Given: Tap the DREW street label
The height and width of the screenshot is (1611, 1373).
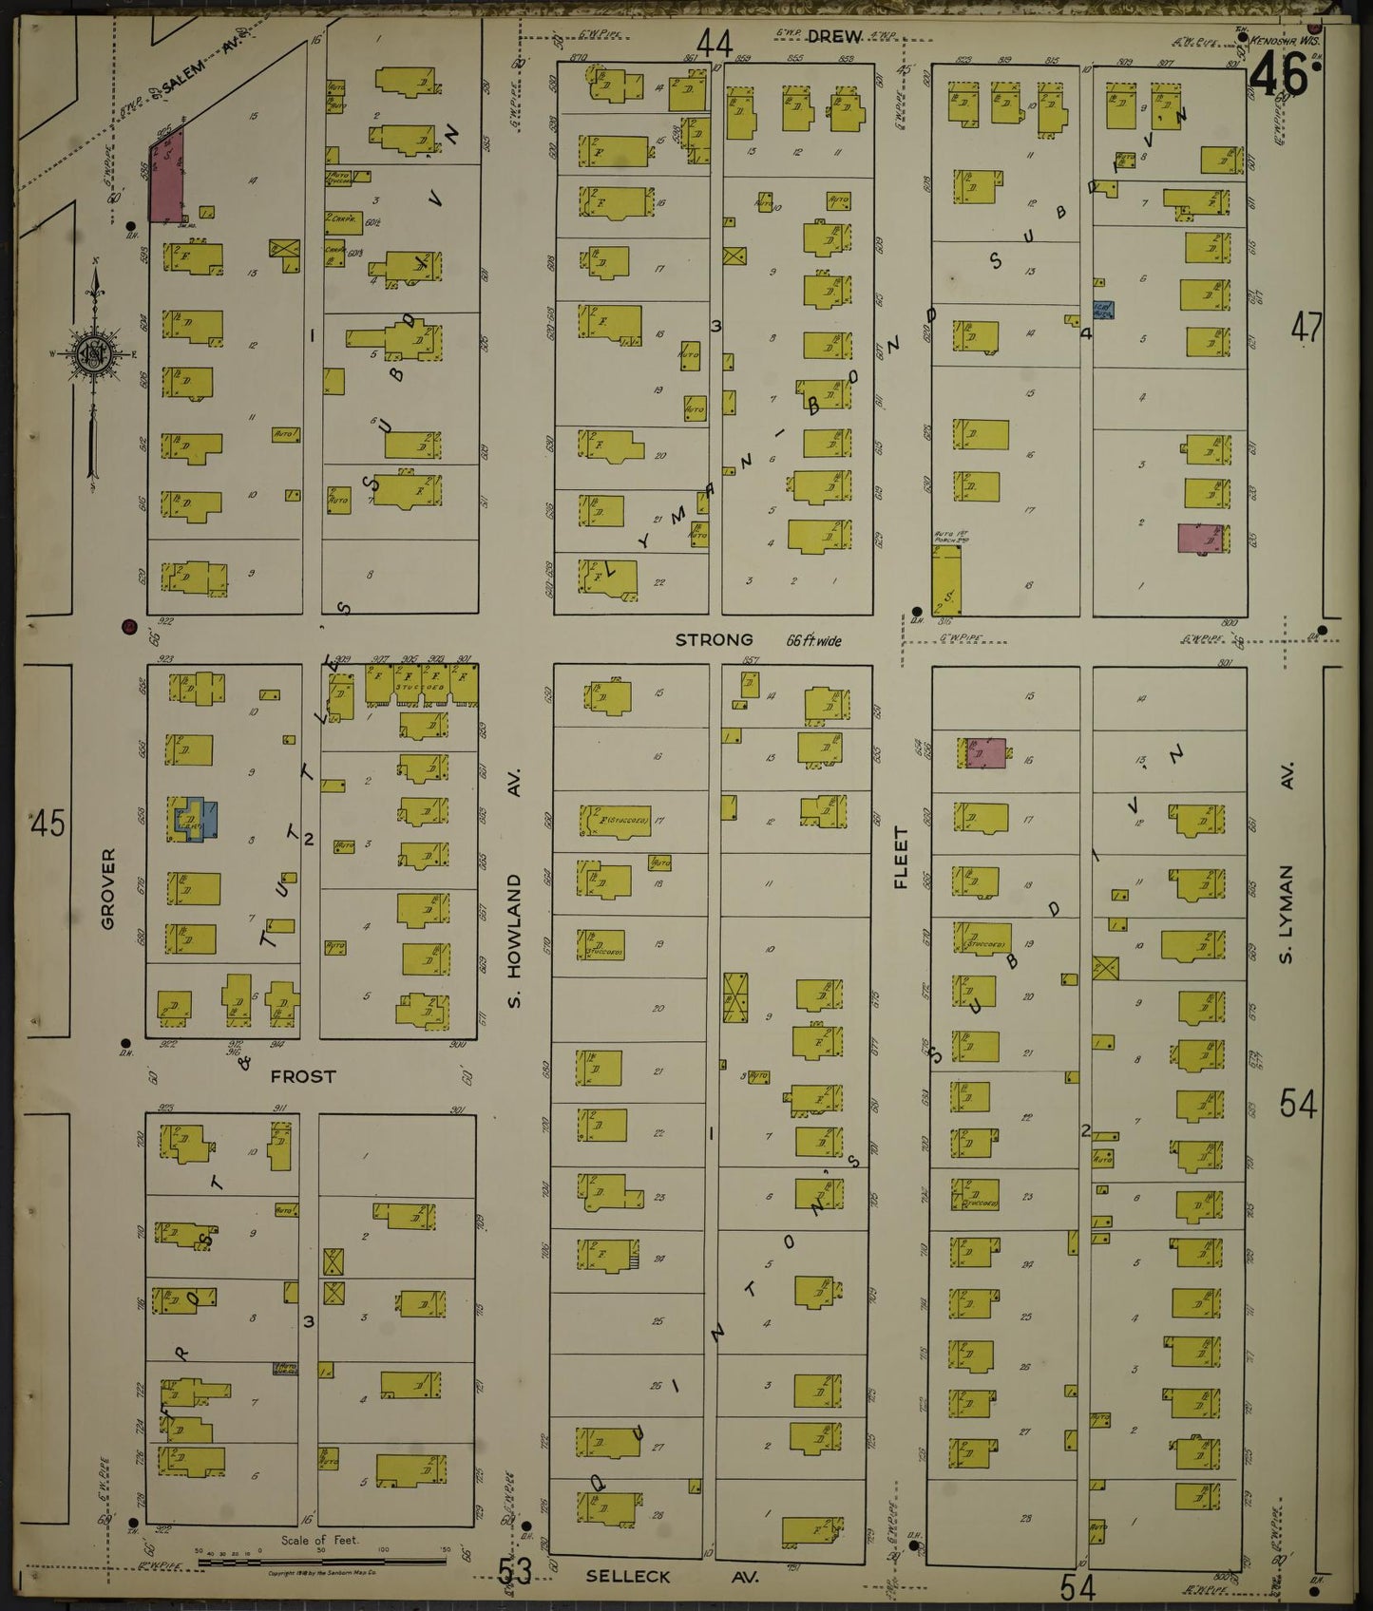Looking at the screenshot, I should pyautogui.click(x=834, y=36).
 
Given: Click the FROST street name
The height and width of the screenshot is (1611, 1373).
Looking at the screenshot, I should pyautogui.click(x=303, y=1076).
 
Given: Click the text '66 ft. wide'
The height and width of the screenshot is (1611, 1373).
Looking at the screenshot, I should pyautogui.click(x=813, y=640).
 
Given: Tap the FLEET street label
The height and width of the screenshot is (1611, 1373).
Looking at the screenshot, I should pyautogui.click(x=901, y=857).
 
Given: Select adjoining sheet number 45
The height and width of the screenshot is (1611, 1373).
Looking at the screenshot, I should pyautogui.click(x=48, y=823).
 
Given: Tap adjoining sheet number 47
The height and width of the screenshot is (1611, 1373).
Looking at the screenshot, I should pyautogui.click(x=1306, y=329).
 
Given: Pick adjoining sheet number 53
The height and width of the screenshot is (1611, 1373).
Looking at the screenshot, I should pyautogui.click(x=514, y=1571).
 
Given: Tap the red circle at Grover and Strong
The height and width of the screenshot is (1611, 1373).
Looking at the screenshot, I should pyautogui.click(x=128, y=626).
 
